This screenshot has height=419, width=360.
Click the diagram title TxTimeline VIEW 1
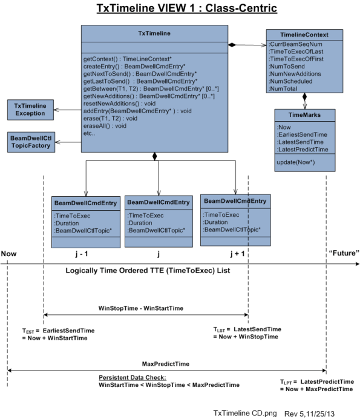(179, 8)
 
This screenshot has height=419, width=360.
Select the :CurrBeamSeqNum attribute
(295, 44)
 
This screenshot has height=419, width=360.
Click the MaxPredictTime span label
(166, 365)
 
